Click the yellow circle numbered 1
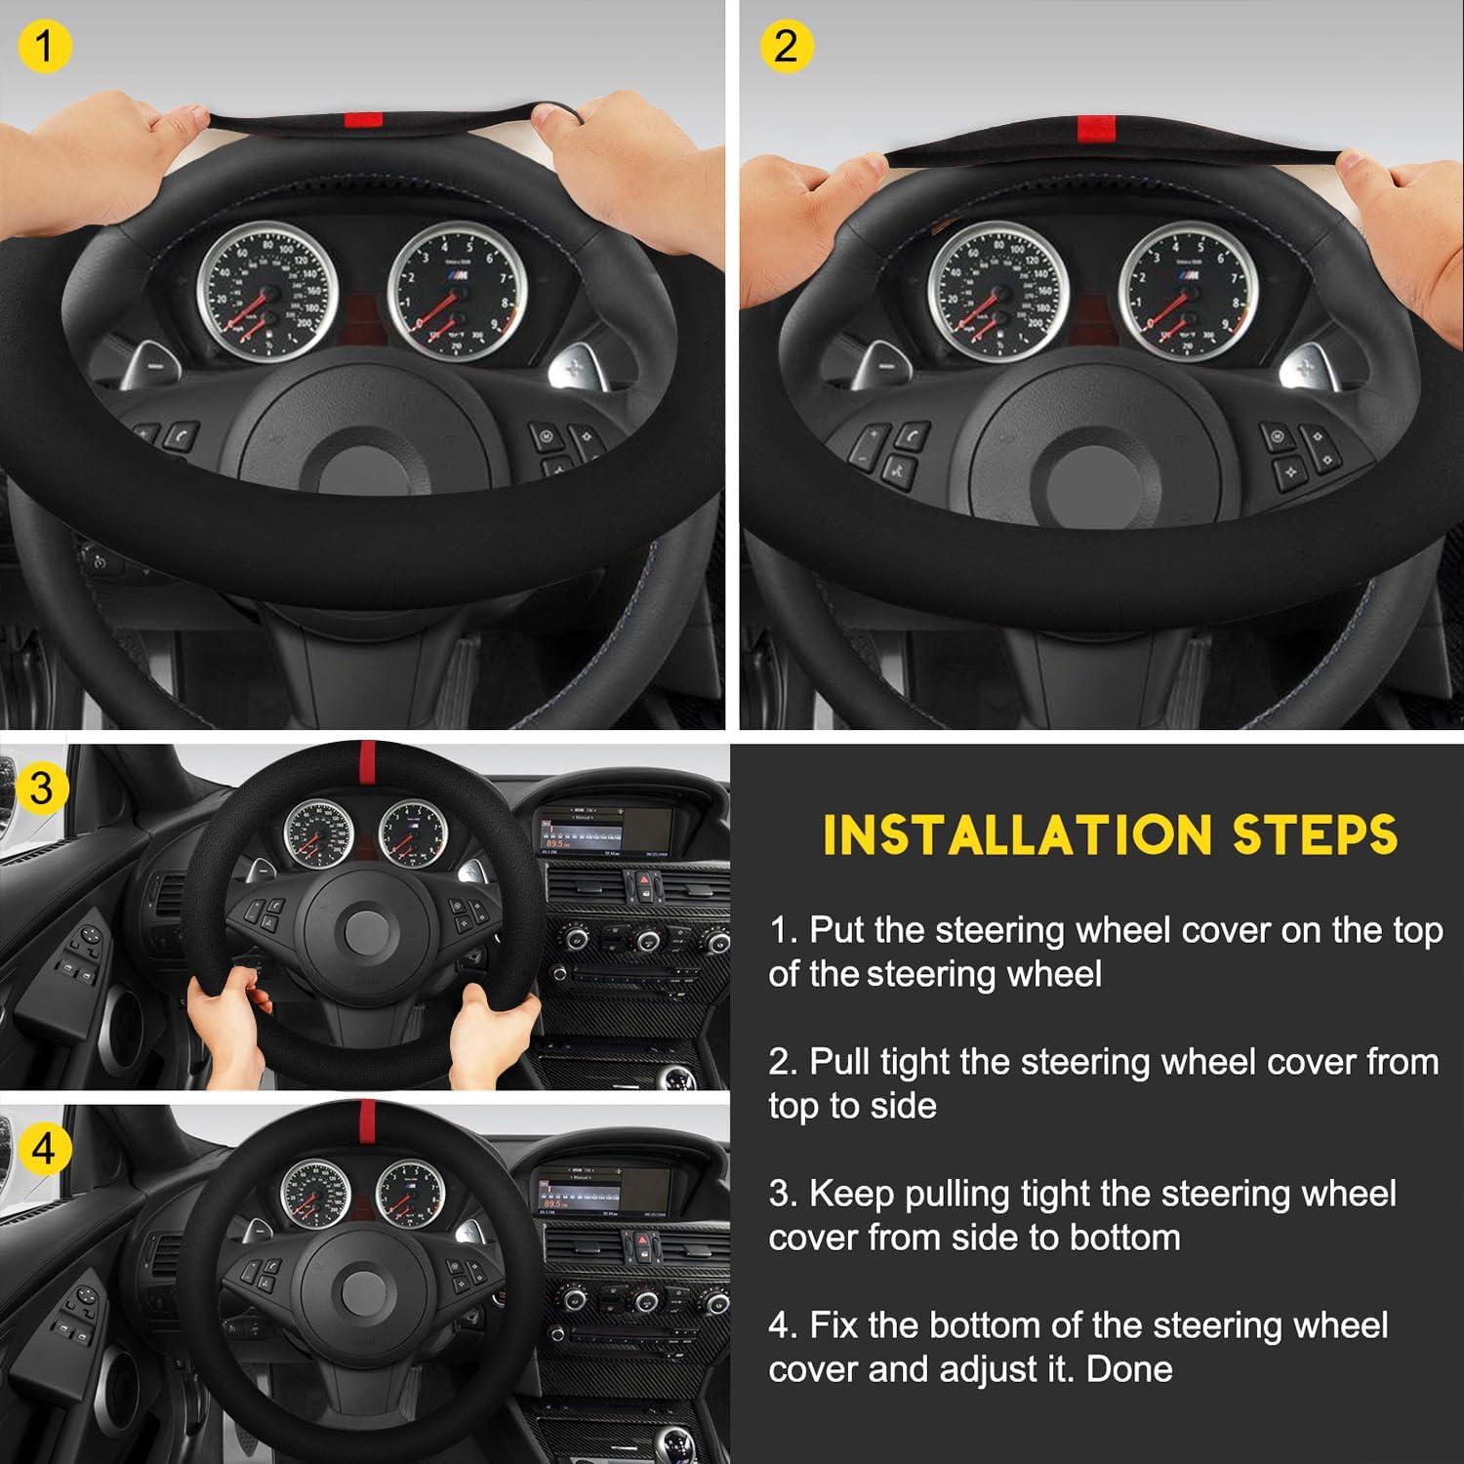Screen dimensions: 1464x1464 point(42,45)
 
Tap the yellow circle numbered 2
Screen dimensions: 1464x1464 point(786,45)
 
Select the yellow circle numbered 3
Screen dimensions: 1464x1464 point(40,787)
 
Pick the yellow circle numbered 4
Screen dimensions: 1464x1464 point(42,1149)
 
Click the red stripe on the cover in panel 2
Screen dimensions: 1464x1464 point(1097,128)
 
